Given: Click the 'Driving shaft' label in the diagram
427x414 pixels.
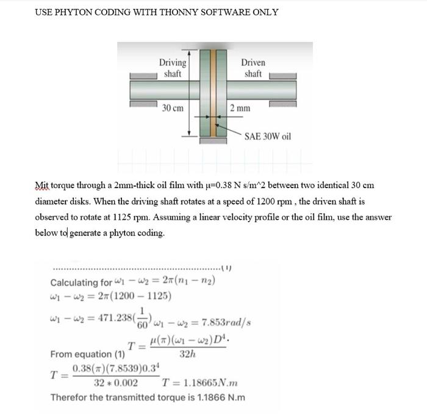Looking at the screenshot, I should (173, 68).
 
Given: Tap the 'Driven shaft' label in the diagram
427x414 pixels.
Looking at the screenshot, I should (253, 68).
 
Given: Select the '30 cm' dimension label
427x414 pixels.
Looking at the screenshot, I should (173, 108).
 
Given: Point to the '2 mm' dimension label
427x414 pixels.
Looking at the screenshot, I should (240, 108).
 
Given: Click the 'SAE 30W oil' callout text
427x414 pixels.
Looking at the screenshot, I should (268, 136).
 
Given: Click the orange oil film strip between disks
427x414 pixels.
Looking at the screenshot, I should (213, 92).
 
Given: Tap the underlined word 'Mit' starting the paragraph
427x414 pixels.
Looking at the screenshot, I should (41, 185).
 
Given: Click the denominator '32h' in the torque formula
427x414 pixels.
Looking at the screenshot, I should (187, 354).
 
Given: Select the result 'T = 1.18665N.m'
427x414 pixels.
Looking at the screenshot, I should (199, 383).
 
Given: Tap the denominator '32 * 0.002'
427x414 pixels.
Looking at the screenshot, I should (115, 383).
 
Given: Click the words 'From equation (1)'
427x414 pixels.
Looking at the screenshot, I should (87, 354).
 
